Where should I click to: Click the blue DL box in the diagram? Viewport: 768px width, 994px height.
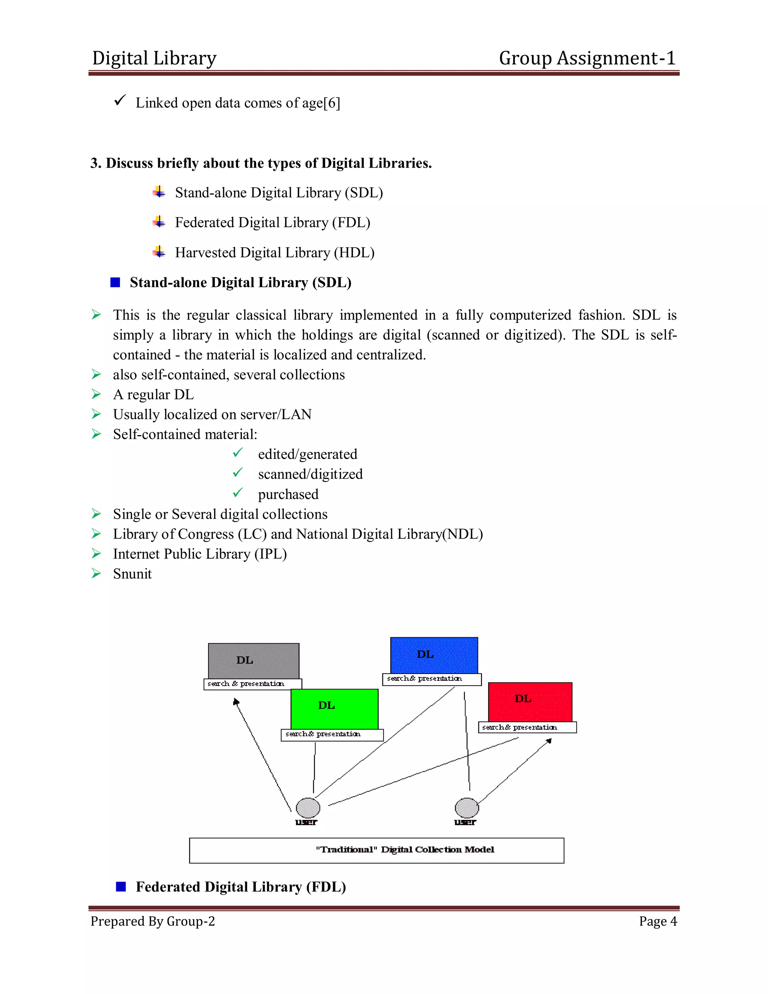click(x=434, y=655)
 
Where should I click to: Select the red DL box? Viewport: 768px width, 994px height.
click(x=530, y=702)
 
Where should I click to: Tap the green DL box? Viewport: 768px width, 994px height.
click(x=334, y=709)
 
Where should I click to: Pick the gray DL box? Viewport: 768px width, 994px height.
click(x=253, y=661)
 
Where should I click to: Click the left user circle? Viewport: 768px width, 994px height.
click(x=308, y=808)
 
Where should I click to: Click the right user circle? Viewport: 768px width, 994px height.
click(x=467, y=808)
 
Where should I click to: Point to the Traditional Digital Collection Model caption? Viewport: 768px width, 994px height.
click(x=405, y=850)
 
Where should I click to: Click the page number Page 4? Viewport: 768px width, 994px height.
click(x=658, y=921)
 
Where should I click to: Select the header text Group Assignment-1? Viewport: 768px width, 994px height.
click(x=587, y=58)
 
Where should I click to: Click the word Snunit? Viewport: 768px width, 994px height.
click(x=132, y=574)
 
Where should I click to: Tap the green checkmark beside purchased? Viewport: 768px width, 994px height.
click(x=238, y=493)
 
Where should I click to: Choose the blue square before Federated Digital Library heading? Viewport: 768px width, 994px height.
click(x=121, y=887)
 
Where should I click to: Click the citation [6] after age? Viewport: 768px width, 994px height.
click(x=331, y=103)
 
